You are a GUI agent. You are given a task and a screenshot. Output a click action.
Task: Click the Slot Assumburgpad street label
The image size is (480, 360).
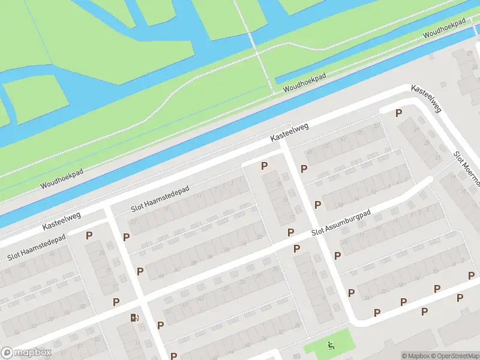pos(341,223)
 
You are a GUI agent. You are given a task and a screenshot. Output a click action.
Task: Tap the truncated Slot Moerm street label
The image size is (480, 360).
pos(467,168)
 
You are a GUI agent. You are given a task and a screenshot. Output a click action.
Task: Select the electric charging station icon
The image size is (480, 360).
pos(134,317)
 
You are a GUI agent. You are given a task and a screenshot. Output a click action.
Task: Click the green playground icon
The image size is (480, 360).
pos(331,345)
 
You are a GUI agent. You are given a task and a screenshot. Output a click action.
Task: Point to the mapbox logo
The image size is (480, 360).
pos(26,353)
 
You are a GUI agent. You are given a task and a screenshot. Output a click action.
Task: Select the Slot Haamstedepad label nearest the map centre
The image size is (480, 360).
pos(160,199)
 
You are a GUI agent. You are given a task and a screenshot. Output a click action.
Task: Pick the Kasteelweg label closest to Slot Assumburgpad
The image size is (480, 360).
pos(289,133)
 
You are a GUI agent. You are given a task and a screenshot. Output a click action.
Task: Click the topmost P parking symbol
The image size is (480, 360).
pos(398,113)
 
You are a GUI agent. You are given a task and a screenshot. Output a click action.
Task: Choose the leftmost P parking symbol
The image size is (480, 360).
pos(89,236)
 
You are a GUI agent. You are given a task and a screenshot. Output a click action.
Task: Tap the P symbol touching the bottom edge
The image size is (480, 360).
pos(173,356)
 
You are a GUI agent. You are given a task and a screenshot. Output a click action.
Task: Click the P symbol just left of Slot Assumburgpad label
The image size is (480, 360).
pos(290,232)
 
